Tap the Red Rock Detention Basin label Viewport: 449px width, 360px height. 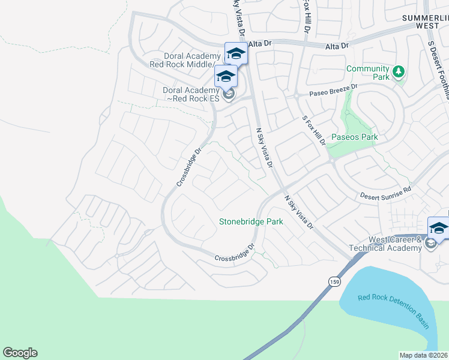[x=393, y=311]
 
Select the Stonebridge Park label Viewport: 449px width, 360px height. [x=250, y=221]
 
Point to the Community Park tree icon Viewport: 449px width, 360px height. [x=397, y=73]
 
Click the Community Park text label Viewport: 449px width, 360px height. [x=368, y=73]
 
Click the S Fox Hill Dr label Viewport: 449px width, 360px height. [x=313, y=130]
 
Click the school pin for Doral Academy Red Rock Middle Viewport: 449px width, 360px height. [x=236, y=53]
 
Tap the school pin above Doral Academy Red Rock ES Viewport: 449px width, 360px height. [x=226, y=76]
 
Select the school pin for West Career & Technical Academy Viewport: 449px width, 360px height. [x=439, y=228]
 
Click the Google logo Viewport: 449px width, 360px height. [x=20, y=353]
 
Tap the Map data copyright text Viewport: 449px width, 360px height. [x=424, y=355]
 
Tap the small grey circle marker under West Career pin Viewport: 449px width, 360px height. [x=430, y=243]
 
